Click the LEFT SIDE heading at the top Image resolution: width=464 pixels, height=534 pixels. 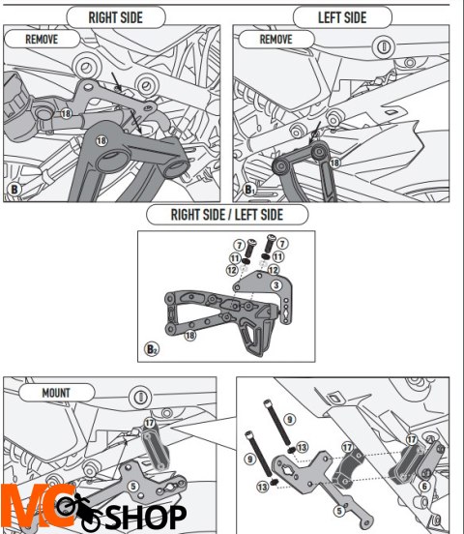tap(342, 16)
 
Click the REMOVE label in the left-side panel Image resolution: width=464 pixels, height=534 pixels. tap(275, 40)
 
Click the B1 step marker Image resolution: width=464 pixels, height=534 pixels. tap(249, 190)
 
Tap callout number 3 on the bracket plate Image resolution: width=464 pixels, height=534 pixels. tap(275, 285)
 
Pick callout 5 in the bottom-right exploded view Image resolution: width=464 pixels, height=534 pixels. tap(337, 508)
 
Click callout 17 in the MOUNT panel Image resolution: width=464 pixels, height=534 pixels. tap(150, 422)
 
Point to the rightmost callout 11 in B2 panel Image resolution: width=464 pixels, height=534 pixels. tap(276, 259)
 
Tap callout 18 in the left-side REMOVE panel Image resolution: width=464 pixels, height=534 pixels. tap(335, 163)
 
